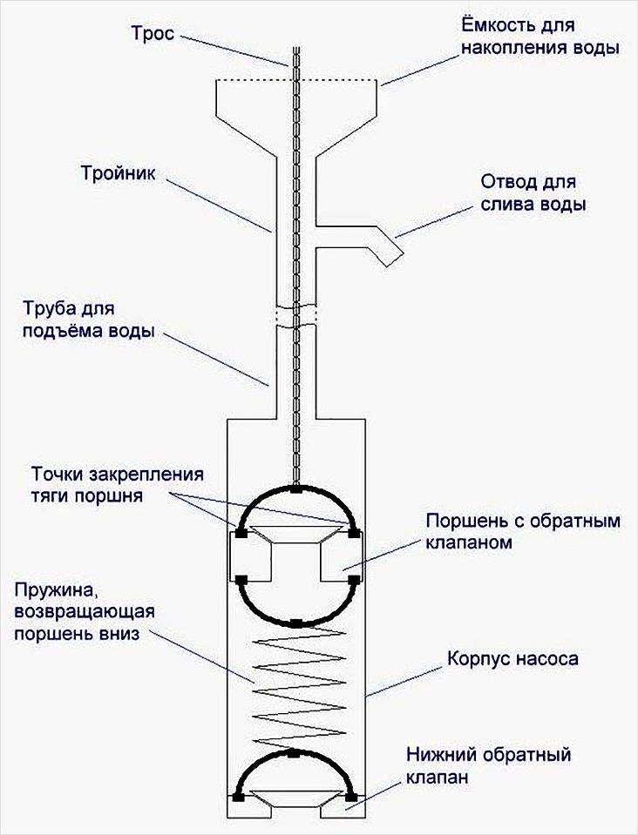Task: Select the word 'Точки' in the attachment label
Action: click(x=56, y=475)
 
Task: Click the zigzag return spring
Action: click(x=296, y=685)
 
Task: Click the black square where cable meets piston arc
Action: click(x=296, y=491)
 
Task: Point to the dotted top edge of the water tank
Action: click(x=296, y=82)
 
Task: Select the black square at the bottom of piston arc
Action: click(x=296, y=623)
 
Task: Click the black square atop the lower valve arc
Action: click(x=296, y=751)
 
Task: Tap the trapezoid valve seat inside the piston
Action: click(x=296, y=535)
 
